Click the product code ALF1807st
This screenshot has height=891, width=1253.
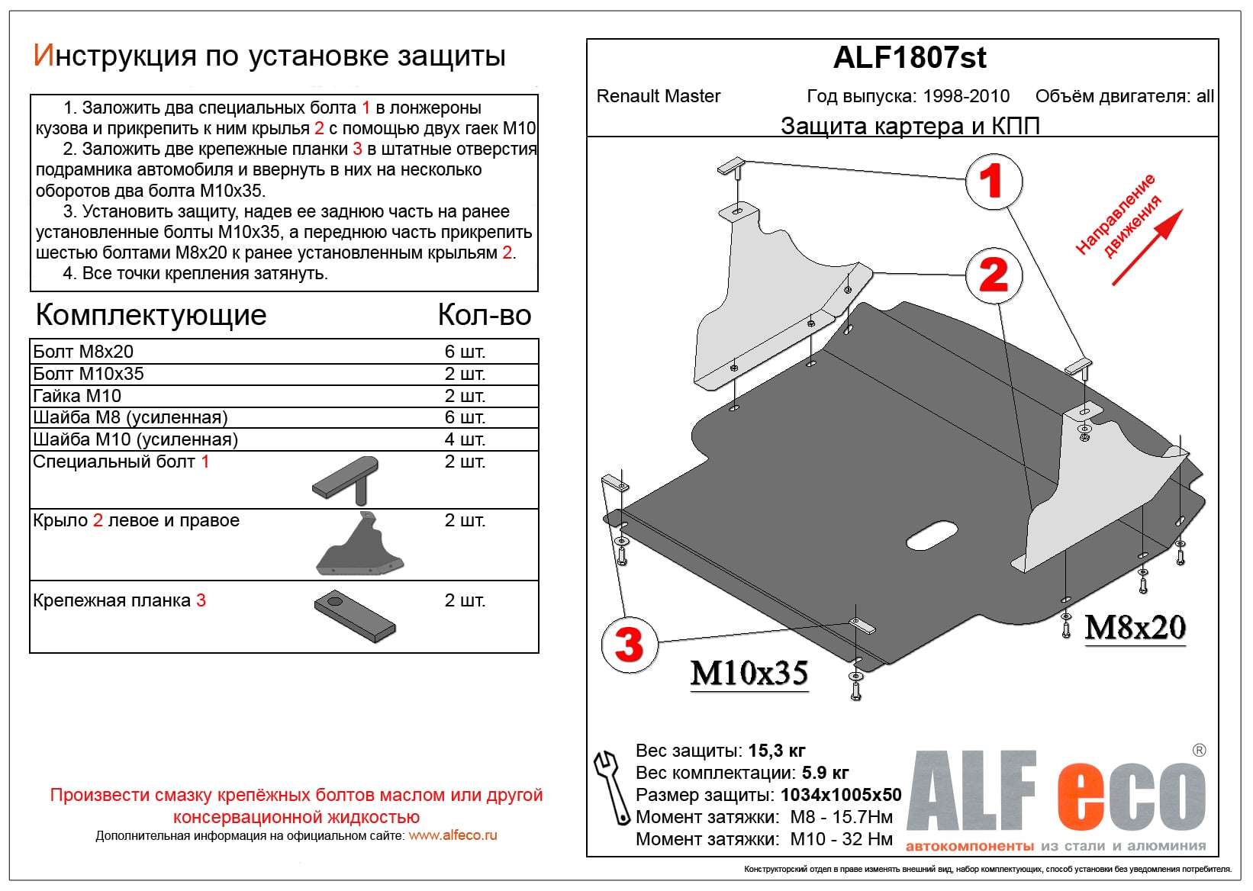[910, 58]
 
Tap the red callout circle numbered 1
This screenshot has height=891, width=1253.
[993, 182]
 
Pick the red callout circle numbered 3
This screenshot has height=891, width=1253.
[629, 645]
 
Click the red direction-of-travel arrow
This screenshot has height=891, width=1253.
[1148, 247]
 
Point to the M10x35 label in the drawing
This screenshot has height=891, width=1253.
[749, 673]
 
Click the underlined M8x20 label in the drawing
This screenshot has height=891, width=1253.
[1135, 628]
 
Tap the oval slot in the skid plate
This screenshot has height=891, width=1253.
[932, 536]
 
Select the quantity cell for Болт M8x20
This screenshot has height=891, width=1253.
[465, 352]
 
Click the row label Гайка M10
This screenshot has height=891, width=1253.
[77, 396]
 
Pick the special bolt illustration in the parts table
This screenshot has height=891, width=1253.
[347, 480]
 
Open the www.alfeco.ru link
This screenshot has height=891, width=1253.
[453, 835]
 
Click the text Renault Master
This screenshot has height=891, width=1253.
[659, 96]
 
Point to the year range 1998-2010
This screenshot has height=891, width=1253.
[966, 96]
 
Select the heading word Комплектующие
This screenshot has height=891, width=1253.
[151, 314]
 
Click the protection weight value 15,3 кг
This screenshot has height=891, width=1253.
[777, 751]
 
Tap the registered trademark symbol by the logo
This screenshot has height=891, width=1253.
[1199, 751]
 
